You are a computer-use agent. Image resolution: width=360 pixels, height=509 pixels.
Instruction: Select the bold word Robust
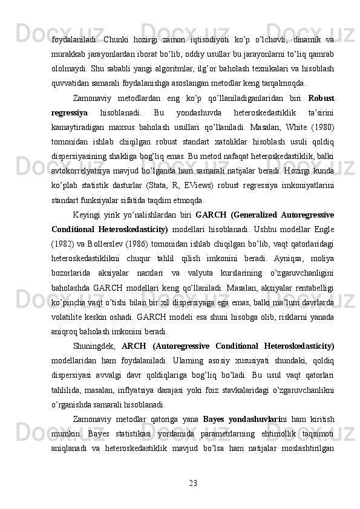pos(322,97)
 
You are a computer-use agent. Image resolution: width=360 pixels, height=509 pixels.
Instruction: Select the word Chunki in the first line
pos(121,39)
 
